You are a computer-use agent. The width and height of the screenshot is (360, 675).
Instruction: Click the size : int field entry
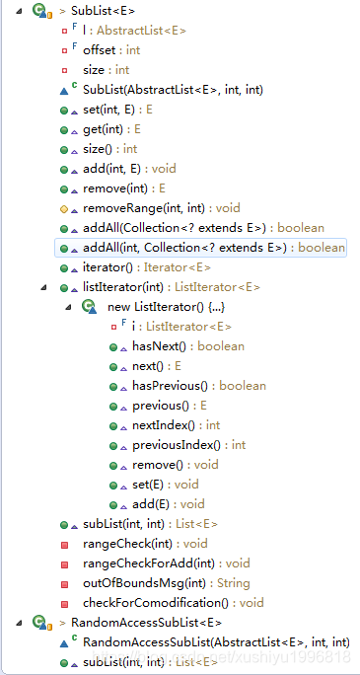click(107, 69)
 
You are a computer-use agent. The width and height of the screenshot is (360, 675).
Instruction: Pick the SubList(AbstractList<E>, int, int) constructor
click(173, 89)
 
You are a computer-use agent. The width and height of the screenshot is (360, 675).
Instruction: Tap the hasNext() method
click(188, 346)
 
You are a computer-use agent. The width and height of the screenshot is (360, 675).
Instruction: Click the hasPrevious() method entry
click(199, 386)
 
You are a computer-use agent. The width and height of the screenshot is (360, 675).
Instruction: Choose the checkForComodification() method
click(174, 603)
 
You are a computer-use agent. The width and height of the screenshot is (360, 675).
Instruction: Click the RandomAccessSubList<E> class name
click(146, 623)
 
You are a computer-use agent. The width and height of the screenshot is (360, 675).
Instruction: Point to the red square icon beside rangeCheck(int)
click(64, 544)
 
